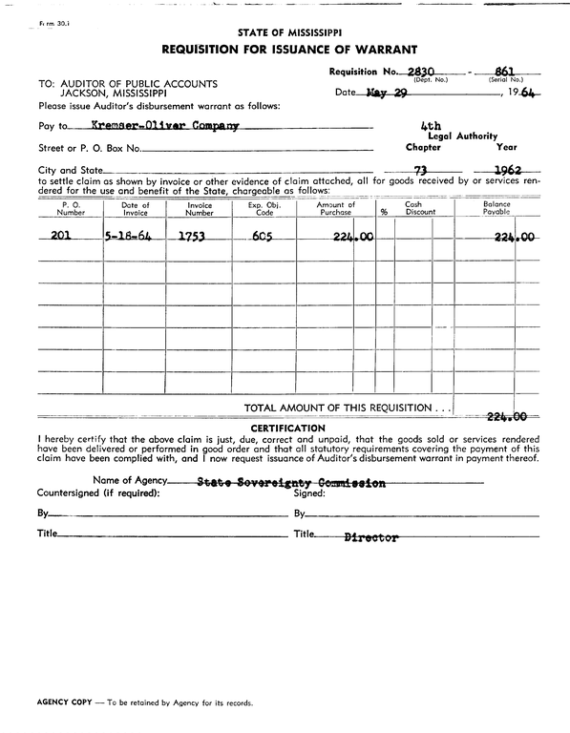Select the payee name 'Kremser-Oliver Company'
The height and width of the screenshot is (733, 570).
pos(164,125)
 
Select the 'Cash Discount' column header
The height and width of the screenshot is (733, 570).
pos(413,208)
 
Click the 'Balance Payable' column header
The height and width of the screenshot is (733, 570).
pos(496,208)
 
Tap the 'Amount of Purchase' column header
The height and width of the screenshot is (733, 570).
pos(335,208)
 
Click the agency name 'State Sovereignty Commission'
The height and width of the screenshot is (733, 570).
pos(290,483)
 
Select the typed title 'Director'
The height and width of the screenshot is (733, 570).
pos(370,537)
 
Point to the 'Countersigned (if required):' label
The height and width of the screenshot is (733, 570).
pos(97,493)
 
